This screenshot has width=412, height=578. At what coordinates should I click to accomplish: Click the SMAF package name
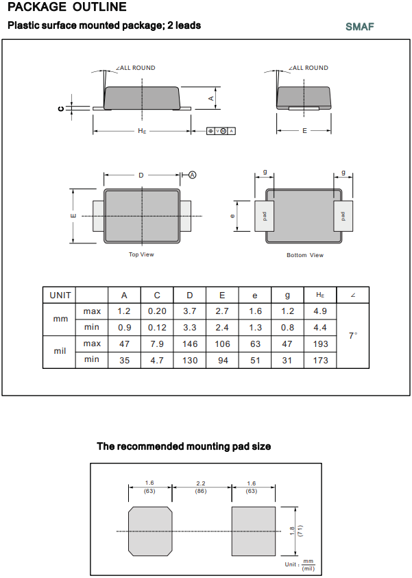click(x=360, y=27)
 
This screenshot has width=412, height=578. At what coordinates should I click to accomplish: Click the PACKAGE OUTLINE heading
click(x=67, y=8)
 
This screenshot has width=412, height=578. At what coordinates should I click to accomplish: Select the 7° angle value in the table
click(x=353, y=335)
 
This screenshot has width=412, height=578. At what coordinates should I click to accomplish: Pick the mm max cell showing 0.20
click(x=157, y=311)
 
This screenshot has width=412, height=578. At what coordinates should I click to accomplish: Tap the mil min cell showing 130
click(x=190, y=360)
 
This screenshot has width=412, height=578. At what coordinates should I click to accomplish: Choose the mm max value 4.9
click(x=320, y=311)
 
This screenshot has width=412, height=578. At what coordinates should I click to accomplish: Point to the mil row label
click(x=60, y=351)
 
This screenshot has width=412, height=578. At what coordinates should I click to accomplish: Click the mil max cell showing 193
click(x=320, y=344)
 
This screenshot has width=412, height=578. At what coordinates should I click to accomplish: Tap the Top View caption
click(x=142, y=255)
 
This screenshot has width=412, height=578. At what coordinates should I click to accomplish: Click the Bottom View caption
click(x=305, y=256)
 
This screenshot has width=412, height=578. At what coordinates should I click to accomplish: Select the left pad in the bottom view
click(x=264, y=216)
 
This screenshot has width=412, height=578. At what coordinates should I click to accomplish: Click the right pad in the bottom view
click(x=343, y=216)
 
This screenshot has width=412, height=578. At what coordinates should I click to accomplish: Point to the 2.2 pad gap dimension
click(x=201, y=483)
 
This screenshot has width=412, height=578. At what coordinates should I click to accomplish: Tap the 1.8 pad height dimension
click(x=292, y=531)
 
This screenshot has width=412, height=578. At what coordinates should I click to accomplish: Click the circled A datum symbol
click(x=193, y=175)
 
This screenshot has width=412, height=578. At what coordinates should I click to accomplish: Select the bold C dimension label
click(x=61, y=108)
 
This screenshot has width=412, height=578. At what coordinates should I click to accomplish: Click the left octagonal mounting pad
click(x=150, y=531)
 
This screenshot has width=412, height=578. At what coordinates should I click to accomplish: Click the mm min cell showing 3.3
click(x=190, y=328)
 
